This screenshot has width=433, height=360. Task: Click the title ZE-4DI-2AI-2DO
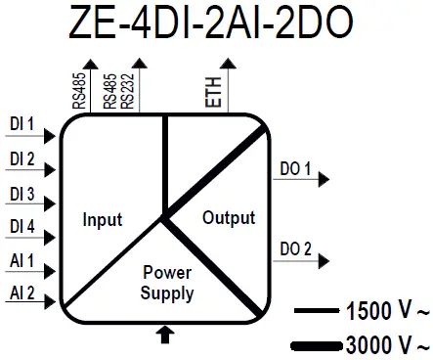tap(216, 23)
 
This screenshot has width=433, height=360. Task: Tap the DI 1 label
tap(22, 125)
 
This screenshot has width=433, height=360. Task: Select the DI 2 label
tap(22, 159)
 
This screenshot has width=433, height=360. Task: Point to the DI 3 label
tap(22, 194)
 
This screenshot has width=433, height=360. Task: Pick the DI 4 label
tap(22, 227)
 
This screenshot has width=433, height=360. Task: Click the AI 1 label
tap(22, 261)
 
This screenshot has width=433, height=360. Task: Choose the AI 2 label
tap(22, 293)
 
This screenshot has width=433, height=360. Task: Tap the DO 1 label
tap(295, 170)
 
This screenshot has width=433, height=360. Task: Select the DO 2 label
tap(295, 248)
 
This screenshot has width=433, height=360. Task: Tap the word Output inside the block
tap(228, 217)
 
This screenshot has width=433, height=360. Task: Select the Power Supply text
tap(167, 283)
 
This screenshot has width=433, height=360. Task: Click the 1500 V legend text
tap(383, 313)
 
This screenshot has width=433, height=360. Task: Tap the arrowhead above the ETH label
tap(229, 64)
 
